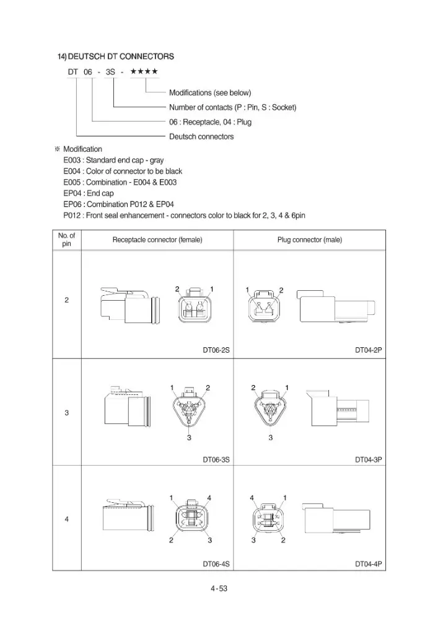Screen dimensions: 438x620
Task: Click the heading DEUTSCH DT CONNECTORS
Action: pyautogui.click(x=121, y=56)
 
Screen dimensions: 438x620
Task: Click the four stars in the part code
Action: pyautogui.click(x=144, y=71)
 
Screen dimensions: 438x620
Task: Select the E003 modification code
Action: pyautogui.click(x=72, y=160)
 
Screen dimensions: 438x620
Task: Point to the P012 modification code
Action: pyautogui.click(x=72, y=216)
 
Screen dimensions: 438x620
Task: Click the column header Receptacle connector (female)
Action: pyautogui.click(x=157, y=239)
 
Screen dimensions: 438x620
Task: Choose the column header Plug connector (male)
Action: pyautogui.click(x=310, y=239)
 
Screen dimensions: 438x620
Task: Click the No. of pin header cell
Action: pyautogui.click(x=66, y=239)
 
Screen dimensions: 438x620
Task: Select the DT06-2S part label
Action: pyautogui.click(x=216, y=350)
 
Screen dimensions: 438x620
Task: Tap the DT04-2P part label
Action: pyautogui.click(x=369, y=350)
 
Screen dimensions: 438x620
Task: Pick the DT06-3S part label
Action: pyautogui.click(x=216, y=459)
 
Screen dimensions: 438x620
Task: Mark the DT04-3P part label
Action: pyautogui.click(x=369, y=459)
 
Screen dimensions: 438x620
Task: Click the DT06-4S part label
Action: pyautogui.click(x=216, y=564)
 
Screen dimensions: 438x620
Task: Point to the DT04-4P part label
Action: pyautogui.click(x=369, y=564)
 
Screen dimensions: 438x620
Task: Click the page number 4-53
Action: pyautogui.click(x=219, y=588)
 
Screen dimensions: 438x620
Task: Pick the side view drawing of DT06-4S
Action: pyautogui.click(x=128, y=515)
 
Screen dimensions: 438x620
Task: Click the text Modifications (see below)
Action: pyautogui.click(x=210, y=93)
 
